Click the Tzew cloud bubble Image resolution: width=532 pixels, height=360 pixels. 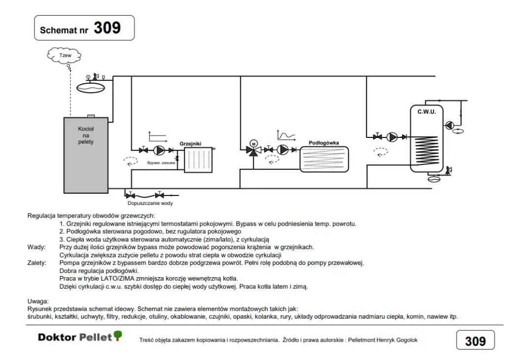pyautogui.click(x=65, y=56)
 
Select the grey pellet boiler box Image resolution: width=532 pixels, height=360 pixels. pyautogui.click(x=86, y=155)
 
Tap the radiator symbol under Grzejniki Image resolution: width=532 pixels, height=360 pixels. pyautogui.click(x=198, y=159)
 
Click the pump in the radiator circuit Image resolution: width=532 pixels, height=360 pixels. pyautogui.click(x=160, y=150)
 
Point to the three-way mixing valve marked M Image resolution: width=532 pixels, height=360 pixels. pyautogui.click(x=254, y=149)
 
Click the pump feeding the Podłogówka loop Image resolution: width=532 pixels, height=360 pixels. pyautogui.click(x=283, y=149)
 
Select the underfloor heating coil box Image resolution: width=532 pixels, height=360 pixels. pyautogui.click(x=324, y=159)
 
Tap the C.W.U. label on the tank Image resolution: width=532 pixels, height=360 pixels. pyautogui.click(x=426, y=112)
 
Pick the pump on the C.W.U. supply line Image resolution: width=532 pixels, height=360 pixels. pyautogui.click(x=392, y=137)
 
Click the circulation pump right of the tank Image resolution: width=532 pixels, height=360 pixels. pyautogui.click(x=450, y=125)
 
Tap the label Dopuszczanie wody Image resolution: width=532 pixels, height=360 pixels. pyautogui.click(x=150, y=203)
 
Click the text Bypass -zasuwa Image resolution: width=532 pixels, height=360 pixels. pyautogui.click(x=161, y=163)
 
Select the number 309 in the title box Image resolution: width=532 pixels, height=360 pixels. pyautogui.click(x=107, y=28)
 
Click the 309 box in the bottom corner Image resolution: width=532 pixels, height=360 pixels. pyautogui.click(x=475, y=341)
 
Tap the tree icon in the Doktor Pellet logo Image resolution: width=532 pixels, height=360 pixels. pyautogui.click(x=117, y=335)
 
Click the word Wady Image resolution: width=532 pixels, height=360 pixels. pyautogui.click(x=36, y=247)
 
